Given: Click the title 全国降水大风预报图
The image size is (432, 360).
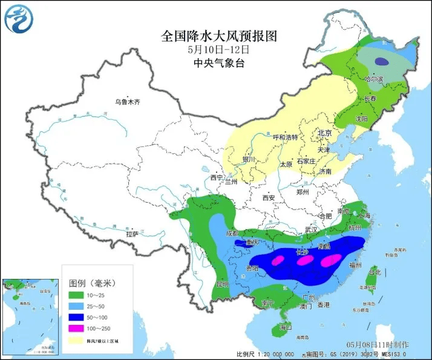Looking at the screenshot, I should coord(218,36).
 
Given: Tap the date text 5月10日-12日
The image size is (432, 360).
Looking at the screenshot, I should coord(218,50).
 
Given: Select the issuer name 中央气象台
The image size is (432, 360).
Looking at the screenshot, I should coord(218,63).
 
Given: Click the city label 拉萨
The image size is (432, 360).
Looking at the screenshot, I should coord(133,234).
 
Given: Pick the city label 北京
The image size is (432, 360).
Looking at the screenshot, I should coord(325,133).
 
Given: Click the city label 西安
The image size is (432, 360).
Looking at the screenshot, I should coord(269,198).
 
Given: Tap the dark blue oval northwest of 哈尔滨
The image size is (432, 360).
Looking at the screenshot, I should coord(381,61).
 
